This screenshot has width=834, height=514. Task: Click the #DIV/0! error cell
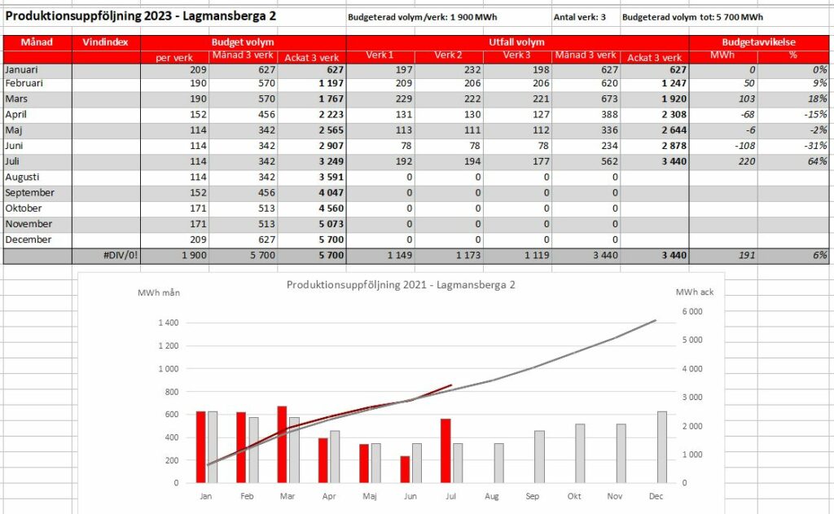click(121, 256)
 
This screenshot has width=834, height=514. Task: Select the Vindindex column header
click(105, 42)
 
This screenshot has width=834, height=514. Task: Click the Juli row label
click(12, 161)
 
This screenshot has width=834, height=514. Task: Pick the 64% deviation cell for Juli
click(817, 161)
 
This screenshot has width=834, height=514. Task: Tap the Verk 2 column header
click(449, 55)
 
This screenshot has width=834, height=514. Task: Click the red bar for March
click(282, 445)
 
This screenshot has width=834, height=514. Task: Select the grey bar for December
click(662, 447)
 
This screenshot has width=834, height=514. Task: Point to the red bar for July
click(446, 451)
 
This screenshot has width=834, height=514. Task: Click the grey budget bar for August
click(499, 463)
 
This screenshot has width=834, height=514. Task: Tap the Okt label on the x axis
click(574, 496)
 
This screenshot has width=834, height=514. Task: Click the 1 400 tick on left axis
click(169, 323)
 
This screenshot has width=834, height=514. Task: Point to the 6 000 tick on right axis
click(692, 312)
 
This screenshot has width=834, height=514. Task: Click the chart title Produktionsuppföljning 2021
click(401, 284)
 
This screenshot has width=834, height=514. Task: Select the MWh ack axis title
click(695, 292)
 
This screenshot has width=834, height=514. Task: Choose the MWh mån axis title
click(159, 292)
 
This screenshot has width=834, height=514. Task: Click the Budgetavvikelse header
click(758, 42)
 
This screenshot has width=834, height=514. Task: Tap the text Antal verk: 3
click(580, 17)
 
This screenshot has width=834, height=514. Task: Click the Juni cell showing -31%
click(816, 146)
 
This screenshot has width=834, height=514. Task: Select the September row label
click(30, 192)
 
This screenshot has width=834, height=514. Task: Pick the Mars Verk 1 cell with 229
click(404, 99)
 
